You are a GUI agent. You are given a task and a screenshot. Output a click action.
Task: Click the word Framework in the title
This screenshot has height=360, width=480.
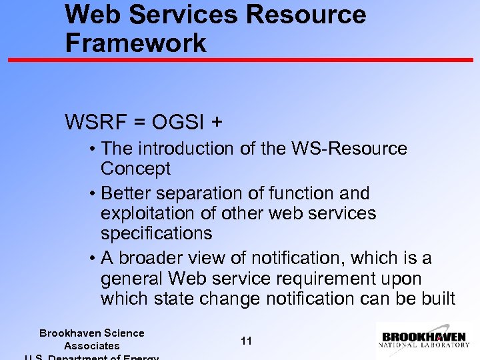pos(136,43)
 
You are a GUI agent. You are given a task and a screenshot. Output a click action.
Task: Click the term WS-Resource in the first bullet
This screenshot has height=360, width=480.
pos(351,149)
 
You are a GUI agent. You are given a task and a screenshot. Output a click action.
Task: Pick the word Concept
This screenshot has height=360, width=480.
pos(135,169)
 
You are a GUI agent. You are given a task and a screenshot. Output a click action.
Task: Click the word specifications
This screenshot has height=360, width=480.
pos(157,233)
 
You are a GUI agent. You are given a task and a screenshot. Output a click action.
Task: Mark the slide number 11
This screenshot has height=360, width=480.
pos(246,341)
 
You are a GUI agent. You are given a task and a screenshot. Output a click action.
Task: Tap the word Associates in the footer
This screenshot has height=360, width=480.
pos(92,345)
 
